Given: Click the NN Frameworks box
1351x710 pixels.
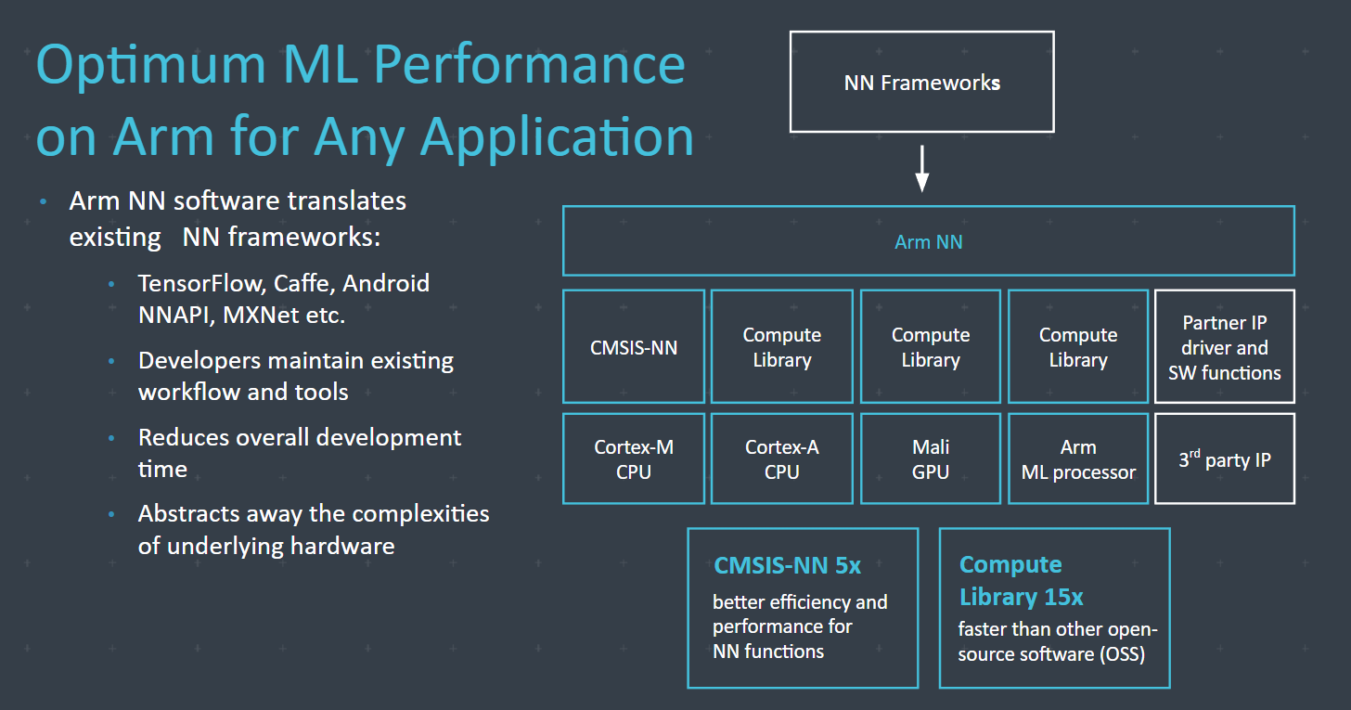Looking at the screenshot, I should click(x=921, y=83).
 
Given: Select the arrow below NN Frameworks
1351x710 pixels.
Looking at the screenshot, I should click(x=921, y=168).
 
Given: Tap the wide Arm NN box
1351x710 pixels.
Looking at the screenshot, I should click(x=928, y=241).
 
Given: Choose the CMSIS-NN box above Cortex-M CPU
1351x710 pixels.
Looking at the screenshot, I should click(x=634, y=347).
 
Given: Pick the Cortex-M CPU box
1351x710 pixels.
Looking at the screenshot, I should click(x=634, y=459).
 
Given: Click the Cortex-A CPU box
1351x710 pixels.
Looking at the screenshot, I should click(x=781, y=459).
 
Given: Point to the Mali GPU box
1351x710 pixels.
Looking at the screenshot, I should click(x=931, y=459).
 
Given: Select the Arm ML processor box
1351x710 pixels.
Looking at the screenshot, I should click(x=1078, y=459).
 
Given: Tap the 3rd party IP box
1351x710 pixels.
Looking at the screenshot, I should click(x=1225, y=459).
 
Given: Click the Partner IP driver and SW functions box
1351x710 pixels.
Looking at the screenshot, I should click(x=1225, y=347).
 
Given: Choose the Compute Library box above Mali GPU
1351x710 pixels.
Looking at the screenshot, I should click(x=931, y=347).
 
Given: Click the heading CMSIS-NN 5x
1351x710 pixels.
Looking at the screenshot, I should click(x=787, y=565).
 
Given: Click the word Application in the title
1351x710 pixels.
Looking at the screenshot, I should click(x=557, y=136).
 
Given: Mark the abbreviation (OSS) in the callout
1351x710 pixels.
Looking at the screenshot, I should click(x=1122, y=654).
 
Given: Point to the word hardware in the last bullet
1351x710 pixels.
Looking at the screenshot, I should click(x=342, y=545).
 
